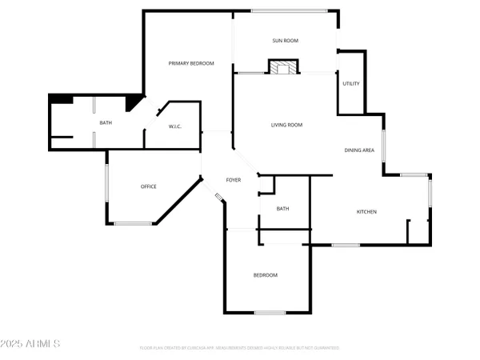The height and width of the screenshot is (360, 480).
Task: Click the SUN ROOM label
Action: pos(285,39)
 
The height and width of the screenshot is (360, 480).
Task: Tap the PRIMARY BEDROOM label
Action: pos(191,63)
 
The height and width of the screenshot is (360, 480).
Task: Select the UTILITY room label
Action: pos(350,83)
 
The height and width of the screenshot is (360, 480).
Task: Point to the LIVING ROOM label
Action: pos(286,125)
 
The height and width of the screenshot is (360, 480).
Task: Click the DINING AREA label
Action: pos(359,150)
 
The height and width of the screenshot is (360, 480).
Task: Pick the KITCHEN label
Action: pos(366,211)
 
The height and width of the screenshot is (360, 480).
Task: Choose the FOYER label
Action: pos(233,180)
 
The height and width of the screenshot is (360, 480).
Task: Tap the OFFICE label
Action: pos(148,186)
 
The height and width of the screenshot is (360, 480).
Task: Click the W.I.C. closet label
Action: pos(176,126)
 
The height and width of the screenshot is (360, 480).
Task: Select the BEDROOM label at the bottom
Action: pos(266,275)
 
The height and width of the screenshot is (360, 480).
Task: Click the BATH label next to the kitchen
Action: pos(282,209)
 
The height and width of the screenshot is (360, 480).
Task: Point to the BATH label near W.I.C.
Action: pos(106,122)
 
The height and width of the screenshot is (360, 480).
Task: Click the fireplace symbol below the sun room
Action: pos(281,67)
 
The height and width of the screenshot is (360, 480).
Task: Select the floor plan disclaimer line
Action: pos(239,348)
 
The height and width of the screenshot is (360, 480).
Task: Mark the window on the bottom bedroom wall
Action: pos(270,312)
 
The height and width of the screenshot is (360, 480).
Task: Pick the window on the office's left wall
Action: pos(107,185)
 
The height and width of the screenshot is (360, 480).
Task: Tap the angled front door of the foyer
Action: pos(218,195)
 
